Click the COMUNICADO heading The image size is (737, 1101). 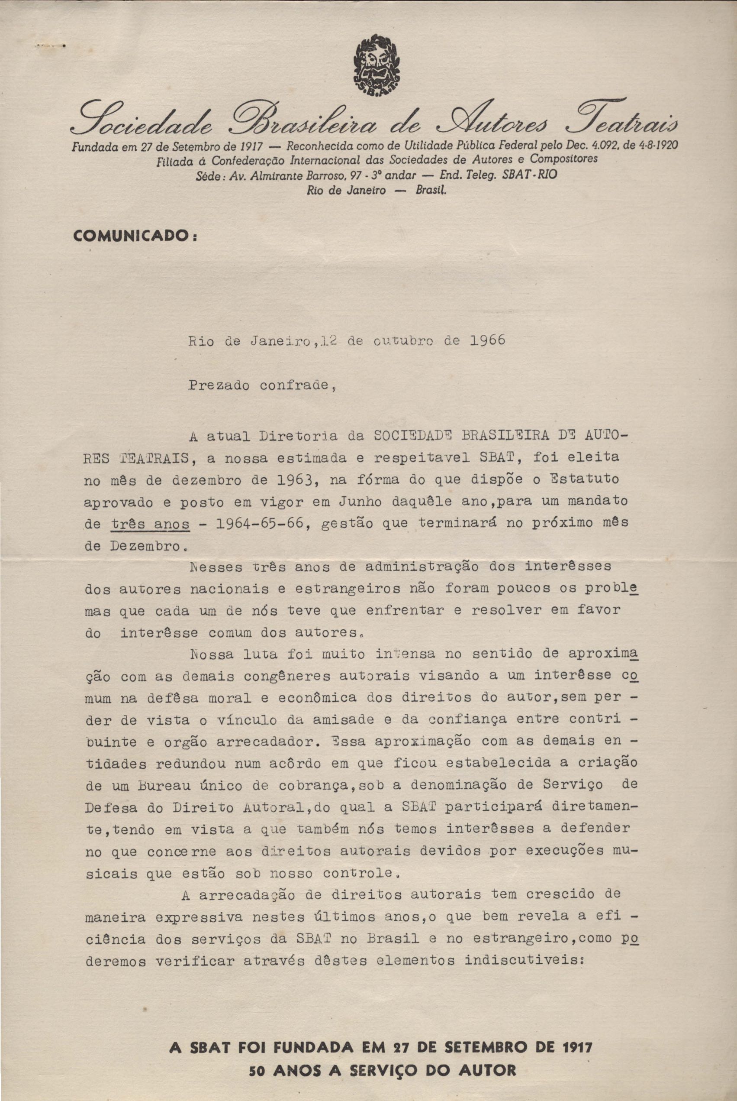pos(135,236)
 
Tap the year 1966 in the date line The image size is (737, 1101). pos(487,340)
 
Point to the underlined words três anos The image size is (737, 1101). pos(151,524)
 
